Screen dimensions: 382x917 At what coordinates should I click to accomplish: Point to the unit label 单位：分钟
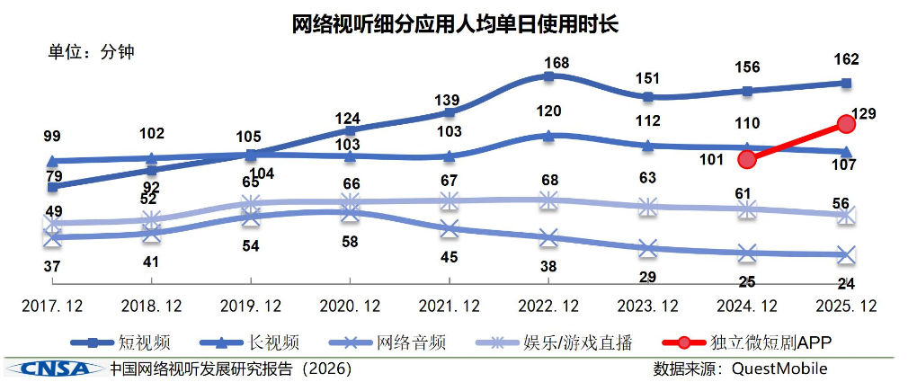click(x=91, y=52)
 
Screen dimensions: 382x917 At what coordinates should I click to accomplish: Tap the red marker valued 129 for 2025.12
click(x=845, y=123)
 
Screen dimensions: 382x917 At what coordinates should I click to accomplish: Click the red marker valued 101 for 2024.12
click(x=746, y=159)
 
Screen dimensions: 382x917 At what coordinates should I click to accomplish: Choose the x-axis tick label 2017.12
click(x=52, y=306)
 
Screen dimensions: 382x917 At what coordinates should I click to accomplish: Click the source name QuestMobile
click(x=779, y=369)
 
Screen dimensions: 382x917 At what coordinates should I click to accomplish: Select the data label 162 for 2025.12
click(x=846, y=60)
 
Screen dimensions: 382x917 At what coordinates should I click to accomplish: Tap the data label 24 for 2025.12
click(x=846, y=283)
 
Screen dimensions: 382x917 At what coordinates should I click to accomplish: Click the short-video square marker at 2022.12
click(x=548, y=76)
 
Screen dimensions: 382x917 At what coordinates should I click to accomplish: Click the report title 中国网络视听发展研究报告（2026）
click(x=230, y=369)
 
